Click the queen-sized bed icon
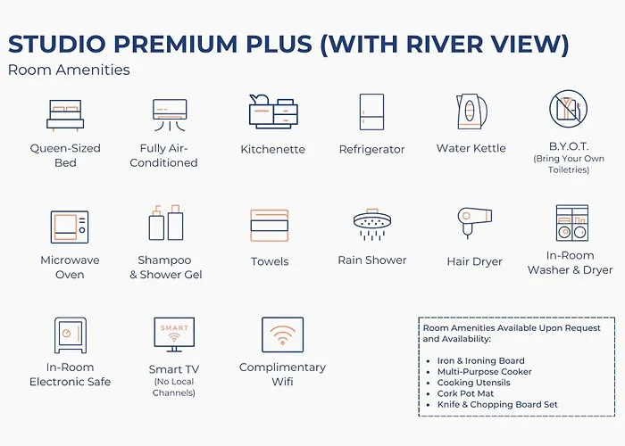click(65, 115)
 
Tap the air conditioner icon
click(170, 115)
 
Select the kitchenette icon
click(273, 111)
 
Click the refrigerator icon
click(372, 111)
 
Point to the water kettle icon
click(471, 111)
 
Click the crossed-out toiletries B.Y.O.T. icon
click(569, 108)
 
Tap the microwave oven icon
click(70, 227)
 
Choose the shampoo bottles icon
click(166, 223)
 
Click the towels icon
click(270, 226)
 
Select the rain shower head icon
click(372, 225)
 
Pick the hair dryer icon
click(474, 223)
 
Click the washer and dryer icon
click(572, 223)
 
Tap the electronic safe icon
click(71, 335)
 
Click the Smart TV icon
click(174, 334)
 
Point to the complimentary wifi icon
click(283, 334)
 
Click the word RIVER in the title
click(446, 44)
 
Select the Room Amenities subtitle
click(69, 70)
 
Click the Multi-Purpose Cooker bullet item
click(484, 372)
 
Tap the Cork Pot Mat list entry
click(465, 393)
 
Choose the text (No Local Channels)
click(174, 387)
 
